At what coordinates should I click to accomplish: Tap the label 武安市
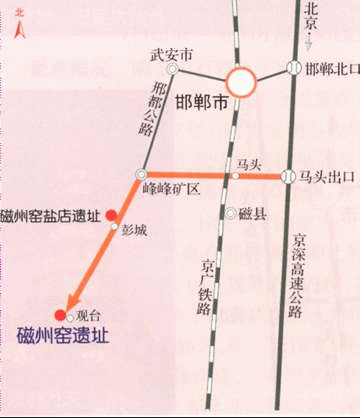(165, 55)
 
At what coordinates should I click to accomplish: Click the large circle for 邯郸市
(241, 83)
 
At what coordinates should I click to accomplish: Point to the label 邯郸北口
(331, 69)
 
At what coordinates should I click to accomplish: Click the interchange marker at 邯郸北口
(293, 68)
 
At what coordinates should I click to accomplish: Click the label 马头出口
(327, 176)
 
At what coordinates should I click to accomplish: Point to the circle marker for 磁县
(231, 212)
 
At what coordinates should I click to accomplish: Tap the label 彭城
(135, 229)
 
